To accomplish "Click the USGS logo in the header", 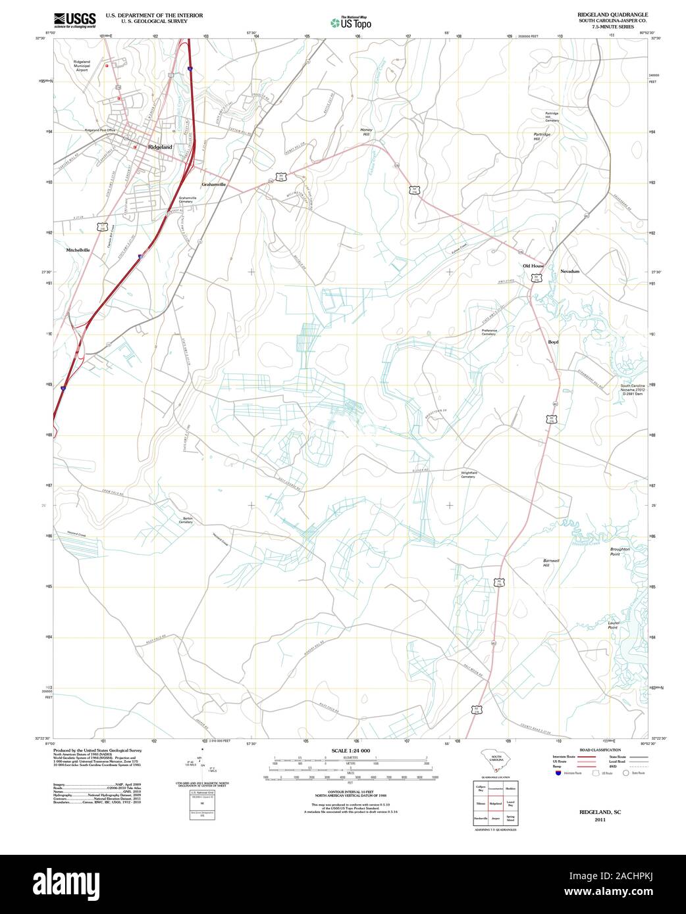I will tap(74, 20).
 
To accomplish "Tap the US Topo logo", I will tap(351, 22).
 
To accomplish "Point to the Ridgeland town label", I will tap(160, 147).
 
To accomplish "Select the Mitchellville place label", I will tap(78, 251).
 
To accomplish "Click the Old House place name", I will tap(533, 266).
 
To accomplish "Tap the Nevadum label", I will tap(569, 271).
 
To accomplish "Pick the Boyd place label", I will tap(553, 342).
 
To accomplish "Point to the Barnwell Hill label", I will tap(551, 563).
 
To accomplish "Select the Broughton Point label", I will tap(620, 552).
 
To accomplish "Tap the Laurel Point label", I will tap(613, 625).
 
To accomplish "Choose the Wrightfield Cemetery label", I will tap(468, 475).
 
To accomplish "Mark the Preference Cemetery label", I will tap(488, 332).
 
